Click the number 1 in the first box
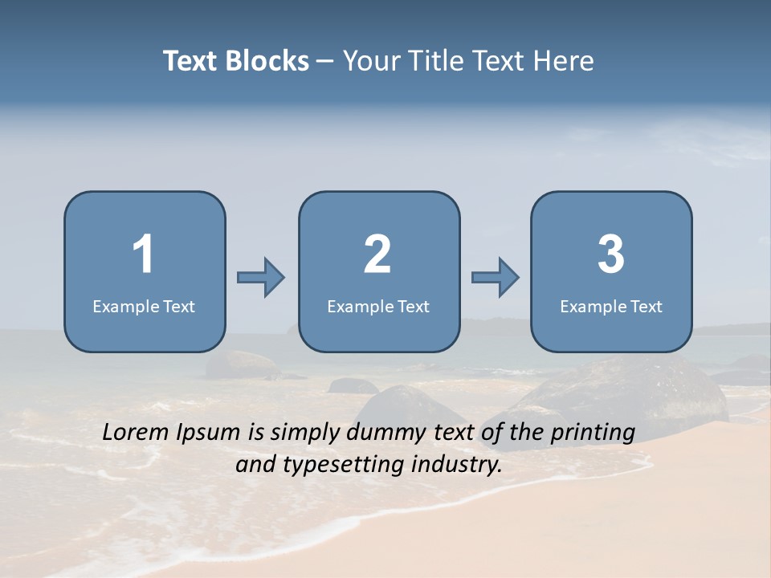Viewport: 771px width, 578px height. [x=143, y=254]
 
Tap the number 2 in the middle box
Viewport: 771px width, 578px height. [x=377, y=254]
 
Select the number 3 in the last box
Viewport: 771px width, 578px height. [x=611, y=254]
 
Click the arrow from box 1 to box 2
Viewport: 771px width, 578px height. [x=261, y=278]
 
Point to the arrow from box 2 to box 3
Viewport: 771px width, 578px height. [x=496, y=278]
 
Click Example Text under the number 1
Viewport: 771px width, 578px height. [x=144, y=307]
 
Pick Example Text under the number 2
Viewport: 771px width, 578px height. [x=378, y=307]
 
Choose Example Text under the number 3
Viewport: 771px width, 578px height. [x=611, y=307]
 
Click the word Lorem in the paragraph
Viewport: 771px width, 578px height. [x=137, y=432]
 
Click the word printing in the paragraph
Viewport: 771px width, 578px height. [x=593, y=433]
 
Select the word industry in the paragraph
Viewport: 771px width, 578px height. [x=456, y=464]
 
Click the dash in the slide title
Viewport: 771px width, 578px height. [x=325, y=62]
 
